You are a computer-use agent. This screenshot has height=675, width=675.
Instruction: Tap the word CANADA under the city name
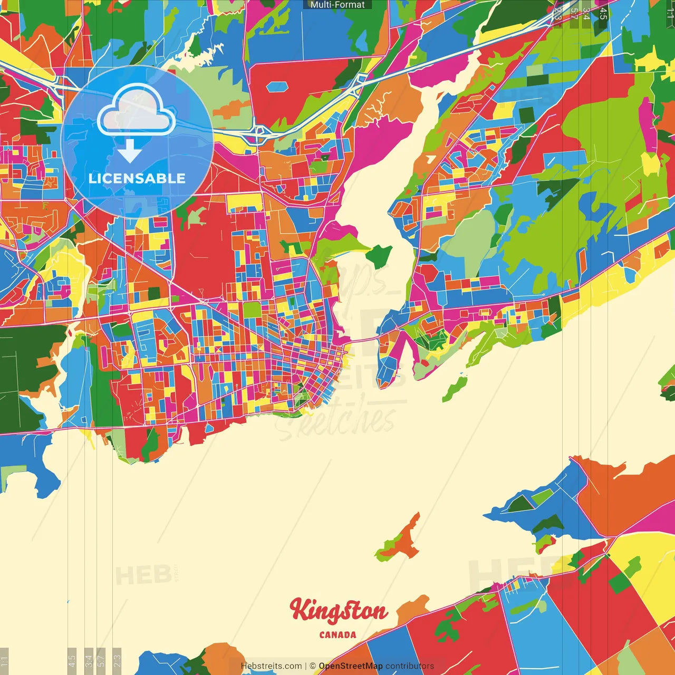(337, 635)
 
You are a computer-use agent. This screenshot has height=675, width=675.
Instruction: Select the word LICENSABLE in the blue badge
(137, 178)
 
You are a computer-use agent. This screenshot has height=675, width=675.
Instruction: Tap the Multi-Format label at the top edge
(337, 5)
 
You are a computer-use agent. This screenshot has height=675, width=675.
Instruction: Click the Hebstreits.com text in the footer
(271, 666)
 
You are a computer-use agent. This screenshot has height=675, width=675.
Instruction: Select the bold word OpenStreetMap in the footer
(350, 666)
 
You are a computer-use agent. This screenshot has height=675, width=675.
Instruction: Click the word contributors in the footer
(410, 666)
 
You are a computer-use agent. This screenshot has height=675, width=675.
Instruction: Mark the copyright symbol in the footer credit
(312, 666)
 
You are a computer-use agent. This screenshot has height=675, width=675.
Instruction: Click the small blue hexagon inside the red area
(276, 86)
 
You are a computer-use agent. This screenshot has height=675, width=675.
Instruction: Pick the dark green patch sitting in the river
(379, 256)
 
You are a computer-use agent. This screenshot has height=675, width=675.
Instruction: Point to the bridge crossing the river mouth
(363, 339)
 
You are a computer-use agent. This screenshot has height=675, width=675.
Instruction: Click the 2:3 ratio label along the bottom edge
(117, 659)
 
